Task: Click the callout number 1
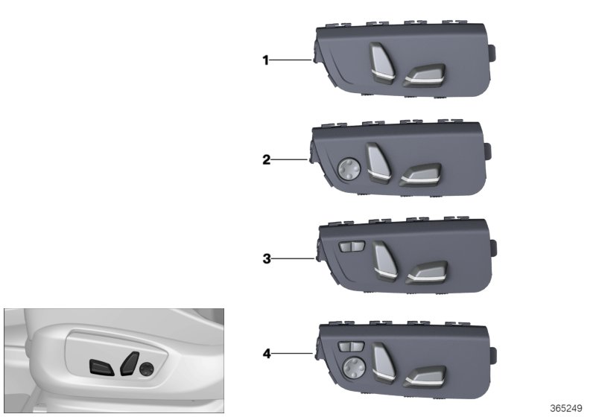tap(265, 60)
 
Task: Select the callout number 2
tap(265, 159)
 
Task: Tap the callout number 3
tap(265, 259)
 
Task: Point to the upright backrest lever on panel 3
tap(384, 261)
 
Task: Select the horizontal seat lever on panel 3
tap(426, 273)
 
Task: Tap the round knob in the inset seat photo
tap(147, 366)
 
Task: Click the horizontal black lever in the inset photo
tap(101, 366)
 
